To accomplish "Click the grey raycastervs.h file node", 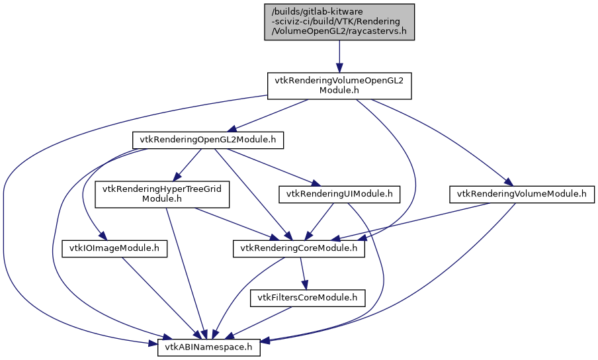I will point(339,22).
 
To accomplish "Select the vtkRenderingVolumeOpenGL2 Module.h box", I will point(339,85).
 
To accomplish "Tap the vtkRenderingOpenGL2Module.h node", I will point(208,140).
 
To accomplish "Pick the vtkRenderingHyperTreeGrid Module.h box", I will point(162,194).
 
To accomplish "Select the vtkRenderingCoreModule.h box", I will point(299,249).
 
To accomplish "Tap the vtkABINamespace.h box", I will point(208,347).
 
